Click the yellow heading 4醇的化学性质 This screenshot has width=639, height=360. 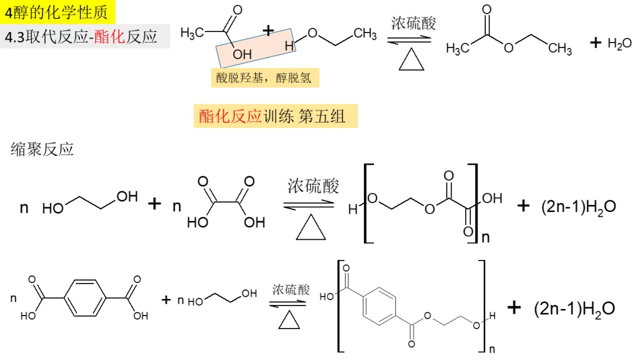56,12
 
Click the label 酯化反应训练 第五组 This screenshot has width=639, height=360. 275,117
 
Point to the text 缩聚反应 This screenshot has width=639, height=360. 42,149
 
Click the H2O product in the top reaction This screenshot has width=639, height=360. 619,44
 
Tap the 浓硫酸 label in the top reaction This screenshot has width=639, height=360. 413,24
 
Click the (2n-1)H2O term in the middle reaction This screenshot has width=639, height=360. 579,207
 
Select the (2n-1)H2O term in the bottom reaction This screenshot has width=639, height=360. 574,308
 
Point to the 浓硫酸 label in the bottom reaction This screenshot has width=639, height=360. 291,290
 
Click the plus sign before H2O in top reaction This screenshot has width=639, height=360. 596,43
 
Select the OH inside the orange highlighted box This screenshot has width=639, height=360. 241,54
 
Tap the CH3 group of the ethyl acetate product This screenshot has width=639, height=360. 559,48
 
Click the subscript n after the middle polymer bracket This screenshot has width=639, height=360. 486,238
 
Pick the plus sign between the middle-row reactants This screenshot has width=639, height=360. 154,204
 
